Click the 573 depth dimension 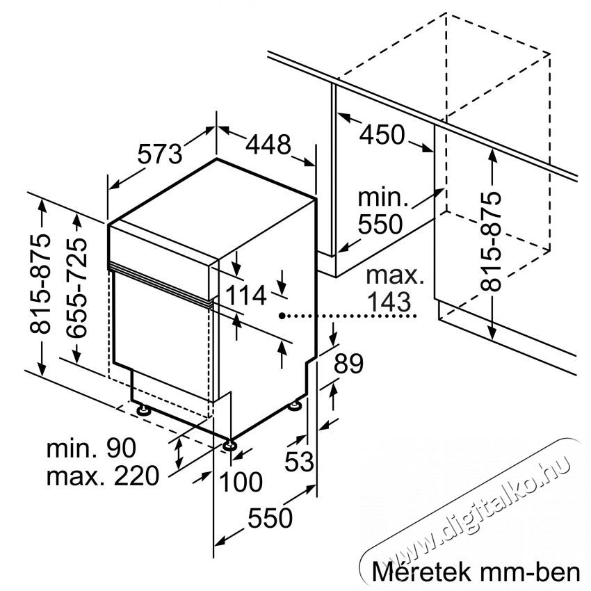(x=160, y=154)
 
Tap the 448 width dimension (x=268, y=144)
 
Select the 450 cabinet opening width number (x=382, y=135)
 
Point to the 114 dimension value (x=245, y=295)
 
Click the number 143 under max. (x=389, y=302)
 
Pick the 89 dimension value (x=348, y=364)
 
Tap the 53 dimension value (x=299, y=462)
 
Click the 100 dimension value (x=241, y=482)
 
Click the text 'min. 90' (x=91, y=448)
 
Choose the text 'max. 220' (x=103, y=476)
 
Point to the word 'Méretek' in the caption (x=421, y=572)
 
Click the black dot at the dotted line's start (x=282, y=316)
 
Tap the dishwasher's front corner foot (x=229, y=445)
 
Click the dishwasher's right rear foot (x=295, y=406)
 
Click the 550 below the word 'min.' (x=380, y=225)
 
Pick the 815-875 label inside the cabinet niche (x=491, y=241)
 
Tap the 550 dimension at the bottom (x=270, y=517)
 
